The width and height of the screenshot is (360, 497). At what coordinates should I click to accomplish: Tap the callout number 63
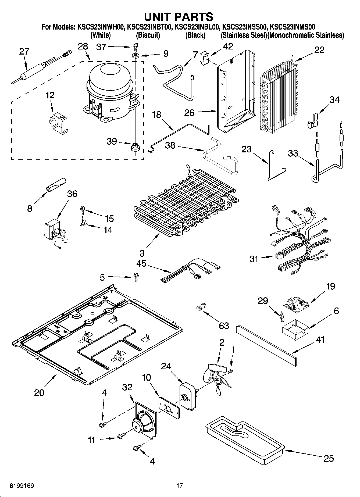(224, 326)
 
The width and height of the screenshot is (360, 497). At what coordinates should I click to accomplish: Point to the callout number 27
(24, 52)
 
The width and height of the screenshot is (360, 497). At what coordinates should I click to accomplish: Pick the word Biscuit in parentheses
(148, 35)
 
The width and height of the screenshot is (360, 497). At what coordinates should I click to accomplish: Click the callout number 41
(320, 340)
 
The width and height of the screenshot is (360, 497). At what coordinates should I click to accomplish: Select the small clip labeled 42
(204, 57)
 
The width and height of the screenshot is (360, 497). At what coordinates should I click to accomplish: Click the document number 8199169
(22, 485)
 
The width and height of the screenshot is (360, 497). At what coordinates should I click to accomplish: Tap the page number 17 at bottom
(180, 485)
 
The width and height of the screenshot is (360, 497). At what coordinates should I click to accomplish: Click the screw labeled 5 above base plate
(136, 277)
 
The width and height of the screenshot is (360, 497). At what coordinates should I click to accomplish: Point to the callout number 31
(254, 259)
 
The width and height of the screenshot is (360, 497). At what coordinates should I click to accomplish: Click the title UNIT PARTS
(179, 17)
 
